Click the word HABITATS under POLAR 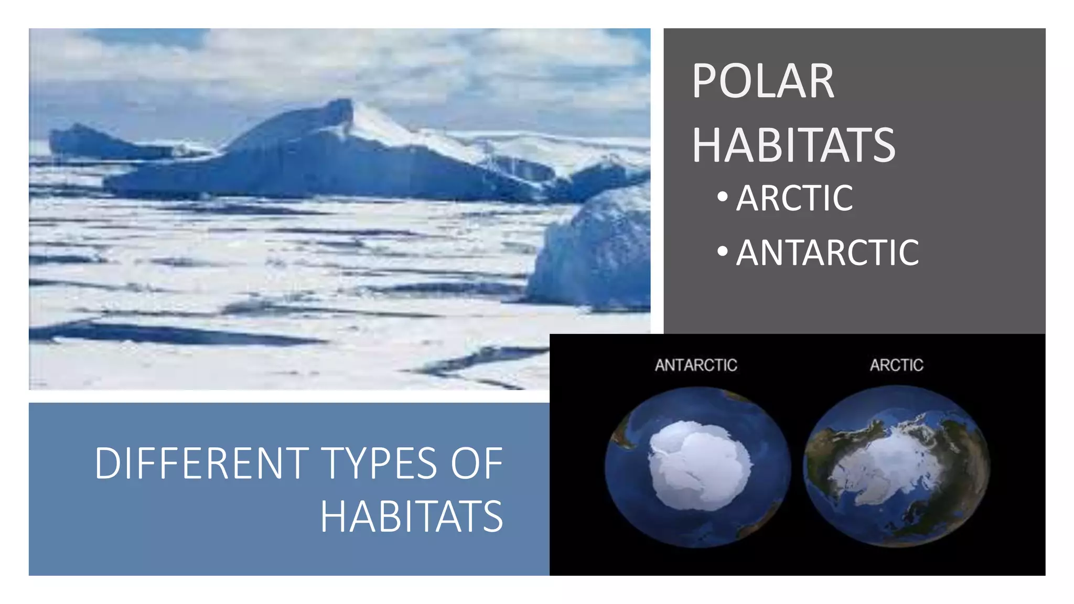(x=793, y=145)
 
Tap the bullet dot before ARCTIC (x=723, y=197)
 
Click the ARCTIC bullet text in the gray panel (x=794, y=198)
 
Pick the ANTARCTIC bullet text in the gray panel (x=827, y=253)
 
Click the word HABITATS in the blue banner (x=412, y=517)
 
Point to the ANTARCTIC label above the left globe (x=696, y=365)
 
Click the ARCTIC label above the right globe (x=896, y=365)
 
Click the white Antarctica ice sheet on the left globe (x=697, y=464)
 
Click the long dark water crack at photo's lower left (x=157, y=333)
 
